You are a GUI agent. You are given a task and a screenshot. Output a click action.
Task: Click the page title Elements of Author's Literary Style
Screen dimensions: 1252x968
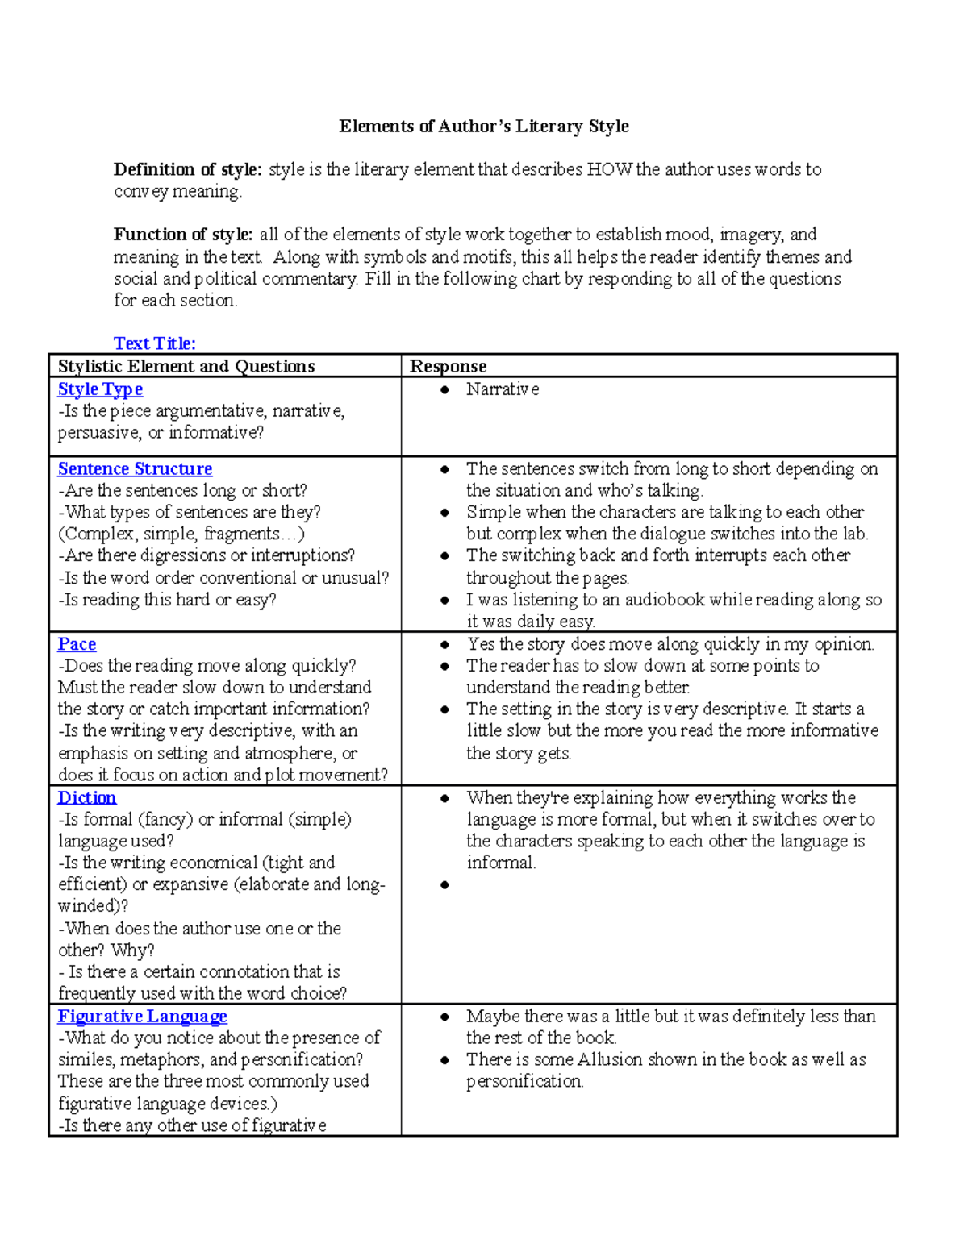pyautogui.click(x=483, y=126)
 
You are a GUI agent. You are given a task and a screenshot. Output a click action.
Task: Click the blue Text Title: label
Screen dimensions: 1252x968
pyautogui.click(x=154, y=343)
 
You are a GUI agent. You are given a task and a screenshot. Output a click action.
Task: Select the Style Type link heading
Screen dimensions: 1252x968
pyautogui.click(x=100, y=389)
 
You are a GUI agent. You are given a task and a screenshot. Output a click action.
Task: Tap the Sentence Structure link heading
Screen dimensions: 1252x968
pyautogui.click(x=135, y=469)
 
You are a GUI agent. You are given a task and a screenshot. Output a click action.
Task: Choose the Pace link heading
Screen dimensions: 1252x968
pyautogui.click(x=77, y=644)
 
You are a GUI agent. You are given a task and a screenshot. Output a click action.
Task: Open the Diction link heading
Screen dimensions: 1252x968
pyautogui.click(x=86, y=797)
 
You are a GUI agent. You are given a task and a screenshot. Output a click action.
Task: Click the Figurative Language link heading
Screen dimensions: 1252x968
pyautogui.click(x=142, y=1017)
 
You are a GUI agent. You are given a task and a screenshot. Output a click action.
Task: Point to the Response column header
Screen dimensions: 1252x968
pyautogui.click(x=448, y=366)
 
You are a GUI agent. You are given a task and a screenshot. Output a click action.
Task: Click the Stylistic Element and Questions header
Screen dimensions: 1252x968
pyautogui.click(x=186, y=366)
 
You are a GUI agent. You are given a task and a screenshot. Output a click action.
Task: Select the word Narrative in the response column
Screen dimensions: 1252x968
pyautogui.click(x=503, y=389)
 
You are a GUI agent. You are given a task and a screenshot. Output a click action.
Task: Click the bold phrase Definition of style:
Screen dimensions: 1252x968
pyautogui.click(x=187, y=169)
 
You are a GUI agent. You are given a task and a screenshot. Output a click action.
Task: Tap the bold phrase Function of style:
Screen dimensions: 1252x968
pyautogui.click(x=183, y=235)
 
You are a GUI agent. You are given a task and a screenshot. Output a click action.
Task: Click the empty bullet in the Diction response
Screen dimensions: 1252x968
pyautogui.click(x=444, y=885)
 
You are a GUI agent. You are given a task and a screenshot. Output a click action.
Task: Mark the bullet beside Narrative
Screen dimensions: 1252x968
pyautogui.click(x=444, y=390)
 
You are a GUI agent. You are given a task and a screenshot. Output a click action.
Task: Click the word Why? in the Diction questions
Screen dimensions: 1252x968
pyautogui.click(x=132, y=950)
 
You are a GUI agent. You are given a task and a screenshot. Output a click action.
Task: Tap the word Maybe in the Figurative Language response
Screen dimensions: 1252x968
pyautogui.click(x=493, y=1017)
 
